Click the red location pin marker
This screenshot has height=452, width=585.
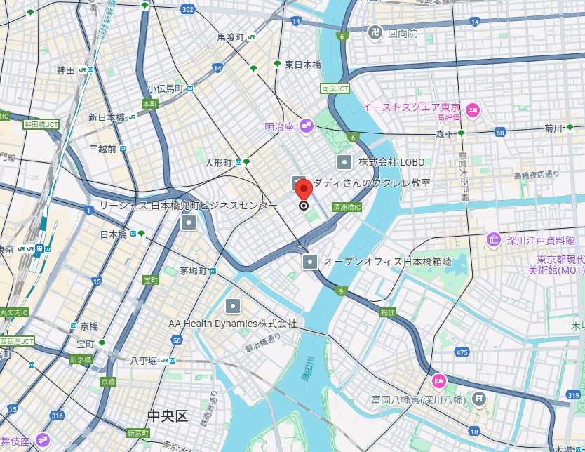[303, 190]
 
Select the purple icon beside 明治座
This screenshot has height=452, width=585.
[306, 126]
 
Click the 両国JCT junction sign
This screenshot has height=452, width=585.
[335, 88]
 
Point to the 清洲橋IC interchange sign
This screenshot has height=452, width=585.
[347, 208]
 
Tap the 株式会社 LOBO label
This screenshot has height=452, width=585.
[391, 162]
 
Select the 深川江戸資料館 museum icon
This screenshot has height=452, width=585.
[494, 240]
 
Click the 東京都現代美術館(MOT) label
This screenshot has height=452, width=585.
[556, 265]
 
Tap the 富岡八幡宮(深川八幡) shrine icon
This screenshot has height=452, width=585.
[479, 399]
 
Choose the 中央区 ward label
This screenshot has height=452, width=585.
[168, 416]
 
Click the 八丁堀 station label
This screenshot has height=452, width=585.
[143, 361]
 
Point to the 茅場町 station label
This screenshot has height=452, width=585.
[192, 271]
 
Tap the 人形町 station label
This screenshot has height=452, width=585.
[218, 162]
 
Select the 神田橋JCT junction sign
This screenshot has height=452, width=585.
[41, 124]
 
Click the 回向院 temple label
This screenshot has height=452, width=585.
[402, 33]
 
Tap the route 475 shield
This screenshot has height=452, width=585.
[461, 352]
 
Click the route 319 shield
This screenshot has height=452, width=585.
[573, 396]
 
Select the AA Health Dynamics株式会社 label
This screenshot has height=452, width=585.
[232, 324]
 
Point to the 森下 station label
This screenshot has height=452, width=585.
[445, 133]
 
